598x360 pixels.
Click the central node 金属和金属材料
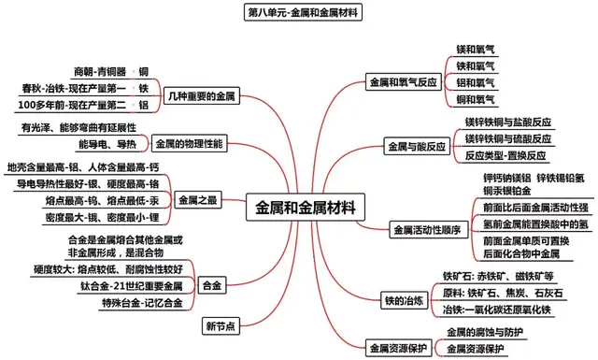(306, 208)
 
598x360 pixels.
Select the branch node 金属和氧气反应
(403, 81)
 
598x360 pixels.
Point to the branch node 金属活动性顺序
(425, 229)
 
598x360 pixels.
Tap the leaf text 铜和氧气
(477, 98)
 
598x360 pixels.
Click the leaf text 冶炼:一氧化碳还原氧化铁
(509, 309)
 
